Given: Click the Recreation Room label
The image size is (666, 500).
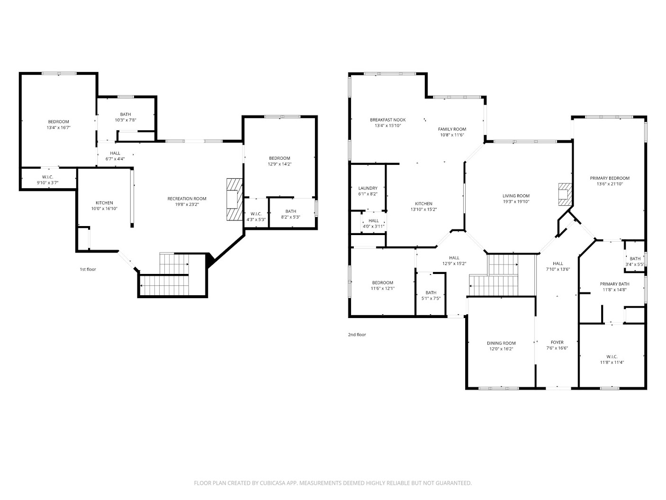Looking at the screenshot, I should click(x=187, y=199).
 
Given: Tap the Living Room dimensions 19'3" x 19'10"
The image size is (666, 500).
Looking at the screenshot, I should click(x=516, y=201).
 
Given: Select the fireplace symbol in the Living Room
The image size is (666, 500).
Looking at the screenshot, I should click(x=565, y=194).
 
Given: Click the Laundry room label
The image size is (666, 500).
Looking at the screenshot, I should click(x=368, y=188).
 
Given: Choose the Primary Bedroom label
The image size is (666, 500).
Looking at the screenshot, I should click(x=609, y=178).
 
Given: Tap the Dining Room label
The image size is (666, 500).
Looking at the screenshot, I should click(x=501, y=343).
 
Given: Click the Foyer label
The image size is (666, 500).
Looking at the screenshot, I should click(x=557, y=342).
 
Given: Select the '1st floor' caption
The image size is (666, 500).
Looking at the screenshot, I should click(x=88, y=269).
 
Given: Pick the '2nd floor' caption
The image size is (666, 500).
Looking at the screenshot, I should click(x=357, y=335).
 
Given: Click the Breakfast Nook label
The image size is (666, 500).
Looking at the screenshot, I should click(x=387, y=120).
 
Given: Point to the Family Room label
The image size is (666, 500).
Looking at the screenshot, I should click(x=452, y=129).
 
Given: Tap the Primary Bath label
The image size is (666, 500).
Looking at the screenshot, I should click(x=614, y=284).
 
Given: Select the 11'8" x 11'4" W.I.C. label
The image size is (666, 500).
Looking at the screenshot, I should click(x=612, y=356).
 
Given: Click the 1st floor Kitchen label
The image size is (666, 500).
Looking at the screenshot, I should click(x=104, y=203).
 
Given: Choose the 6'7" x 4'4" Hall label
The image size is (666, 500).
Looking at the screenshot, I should click(x=115, y=153).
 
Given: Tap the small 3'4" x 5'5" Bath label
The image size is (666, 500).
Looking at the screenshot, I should click(x=635, y=259).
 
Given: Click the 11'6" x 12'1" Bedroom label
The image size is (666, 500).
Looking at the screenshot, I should click(x=382, y=282).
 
